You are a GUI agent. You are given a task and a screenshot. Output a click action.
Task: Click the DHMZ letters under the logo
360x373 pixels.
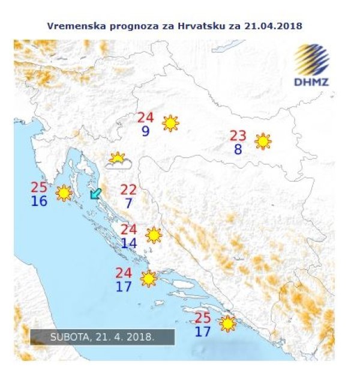[311, 82]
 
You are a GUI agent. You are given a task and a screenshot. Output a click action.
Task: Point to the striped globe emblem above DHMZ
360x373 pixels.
[311, 59]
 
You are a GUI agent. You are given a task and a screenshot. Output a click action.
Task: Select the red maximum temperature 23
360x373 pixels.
[238, 136]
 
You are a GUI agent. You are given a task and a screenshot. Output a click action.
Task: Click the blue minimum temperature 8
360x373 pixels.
[238, 150]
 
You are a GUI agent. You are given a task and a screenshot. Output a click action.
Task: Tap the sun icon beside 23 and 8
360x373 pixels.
[263, 141]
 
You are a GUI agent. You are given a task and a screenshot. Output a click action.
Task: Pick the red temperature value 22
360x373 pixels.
[128, 190]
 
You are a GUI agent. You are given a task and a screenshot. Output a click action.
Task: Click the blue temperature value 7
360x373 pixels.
[128, 204]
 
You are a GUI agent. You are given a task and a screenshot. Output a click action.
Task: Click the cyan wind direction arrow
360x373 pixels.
[95, 193]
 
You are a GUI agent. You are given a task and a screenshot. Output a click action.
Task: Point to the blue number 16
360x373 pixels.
[39, 201]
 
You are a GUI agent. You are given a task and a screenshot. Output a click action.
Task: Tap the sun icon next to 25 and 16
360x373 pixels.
[63, 193]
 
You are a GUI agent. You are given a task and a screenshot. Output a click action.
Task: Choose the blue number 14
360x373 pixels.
[128, 243]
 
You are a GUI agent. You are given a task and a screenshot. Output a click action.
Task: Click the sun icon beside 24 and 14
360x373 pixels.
[154, 235]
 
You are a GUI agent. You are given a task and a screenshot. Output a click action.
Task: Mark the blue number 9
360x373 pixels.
[146, 131]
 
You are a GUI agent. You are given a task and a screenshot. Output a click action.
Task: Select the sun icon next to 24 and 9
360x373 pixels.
[171, 123]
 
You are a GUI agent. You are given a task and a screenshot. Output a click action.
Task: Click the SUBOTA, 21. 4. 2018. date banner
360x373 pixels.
[103, 337]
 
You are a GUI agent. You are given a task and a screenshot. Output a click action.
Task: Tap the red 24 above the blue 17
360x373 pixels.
[124, 273]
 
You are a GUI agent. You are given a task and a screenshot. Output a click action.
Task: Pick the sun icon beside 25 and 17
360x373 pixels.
[227, 324]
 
